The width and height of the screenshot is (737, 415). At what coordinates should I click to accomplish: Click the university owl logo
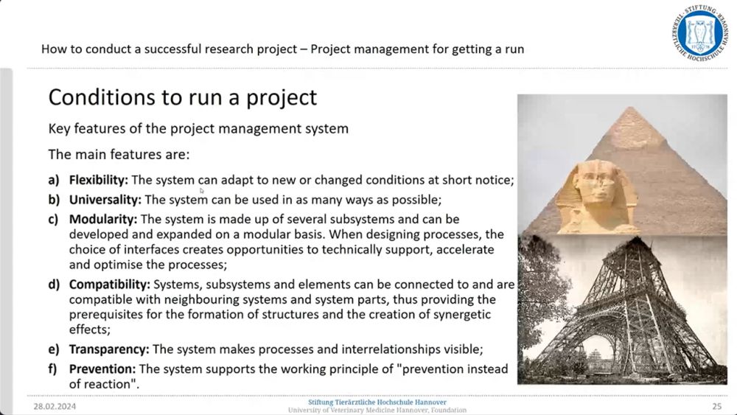click(x=700, y=33)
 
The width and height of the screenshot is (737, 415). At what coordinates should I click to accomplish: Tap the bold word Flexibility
click(x=98, y=180)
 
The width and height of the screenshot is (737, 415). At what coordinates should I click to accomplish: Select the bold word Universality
click(x=105, y=200)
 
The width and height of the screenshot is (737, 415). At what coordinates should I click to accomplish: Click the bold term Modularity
click(x=103, y=220)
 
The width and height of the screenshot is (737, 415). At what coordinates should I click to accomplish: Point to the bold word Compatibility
click(x=110, y=285)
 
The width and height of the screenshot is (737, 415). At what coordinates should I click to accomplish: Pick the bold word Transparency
click(x=109, y=349)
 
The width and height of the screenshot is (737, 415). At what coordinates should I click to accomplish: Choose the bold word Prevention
click(x=102, y=369)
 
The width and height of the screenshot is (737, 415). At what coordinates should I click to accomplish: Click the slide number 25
click(x=716, y=407)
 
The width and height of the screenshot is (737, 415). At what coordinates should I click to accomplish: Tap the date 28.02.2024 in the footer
click(x=55, y=407)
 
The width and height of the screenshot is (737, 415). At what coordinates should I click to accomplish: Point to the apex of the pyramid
click(x=631, y=107)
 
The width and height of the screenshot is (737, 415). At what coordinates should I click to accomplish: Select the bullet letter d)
click(x=54, y=285)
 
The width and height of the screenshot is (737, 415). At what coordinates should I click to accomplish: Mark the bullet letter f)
click(x=52, y=369)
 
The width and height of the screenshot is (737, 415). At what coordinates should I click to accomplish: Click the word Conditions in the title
click(x=102, y=97)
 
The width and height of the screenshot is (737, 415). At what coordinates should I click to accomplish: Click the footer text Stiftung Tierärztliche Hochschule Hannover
click(x=377, y=402)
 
